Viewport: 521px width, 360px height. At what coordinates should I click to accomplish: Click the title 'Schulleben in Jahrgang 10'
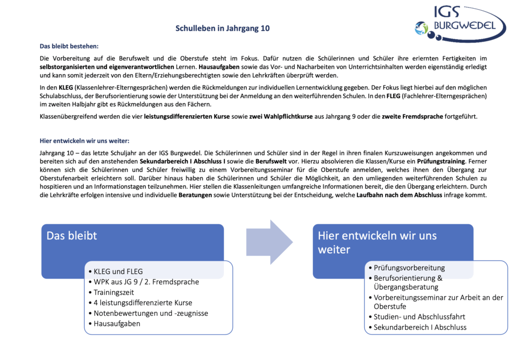click(x=222, y=28)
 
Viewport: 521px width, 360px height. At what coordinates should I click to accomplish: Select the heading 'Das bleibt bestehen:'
click(x=70, y=46)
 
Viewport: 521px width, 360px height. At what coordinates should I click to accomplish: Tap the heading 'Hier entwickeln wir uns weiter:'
click(x=88, y=141)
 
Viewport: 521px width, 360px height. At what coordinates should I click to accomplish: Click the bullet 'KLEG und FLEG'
click(x=118, y=272)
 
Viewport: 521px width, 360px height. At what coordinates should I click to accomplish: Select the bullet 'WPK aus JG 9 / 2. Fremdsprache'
click(x=147, y=282)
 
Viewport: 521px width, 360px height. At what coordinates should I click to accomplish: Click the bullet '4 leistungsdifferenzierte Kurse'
click(x=143, y=303)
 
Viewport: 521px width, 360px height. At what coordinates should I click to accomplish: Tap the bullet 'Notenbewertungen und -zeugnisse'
click(x=151, y=313)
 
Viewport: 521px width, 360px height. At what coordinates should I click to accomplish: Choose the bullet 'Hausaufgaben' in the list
click(x=117, y=323)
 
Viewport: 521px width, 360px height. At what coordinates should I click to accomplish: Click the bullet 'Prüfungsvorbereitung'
click(x=409, y=267)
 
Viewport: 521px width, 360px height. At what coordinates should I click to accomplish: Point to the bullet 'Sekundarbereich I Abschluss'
click(x=420, y=327)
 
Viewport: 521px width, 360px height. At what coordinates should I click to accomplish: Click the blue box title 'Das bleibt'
click(x=72, y=235)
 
